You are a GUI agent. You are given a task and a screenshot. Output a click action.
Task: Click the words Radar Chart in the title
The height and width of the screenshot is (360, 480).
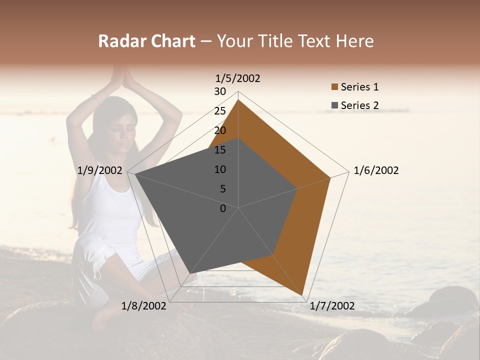coord(146,41)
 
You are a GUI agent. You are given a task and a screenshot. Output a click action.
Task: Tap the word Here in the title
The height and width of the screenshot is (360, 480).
coord(354,41)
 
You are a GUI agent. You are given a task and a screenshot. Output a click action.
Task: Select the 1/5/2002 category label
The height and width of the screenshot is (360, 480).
coord(238,78)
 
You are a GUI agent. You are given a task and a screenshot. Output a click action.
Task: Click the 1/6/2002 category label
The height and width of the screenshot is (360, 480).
coord(376,170)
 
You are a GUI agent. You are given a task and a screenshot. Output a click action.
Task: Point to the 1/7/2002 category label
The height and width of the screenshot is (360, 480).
coord(332,306)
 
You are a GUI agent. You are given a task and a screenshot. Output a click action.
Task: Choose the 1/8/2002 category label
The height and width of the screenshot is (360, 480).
coord(144,306)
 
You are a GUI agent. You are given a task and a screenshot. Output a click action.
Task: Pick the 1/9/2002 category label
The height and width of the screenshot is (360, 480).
coord(100,170)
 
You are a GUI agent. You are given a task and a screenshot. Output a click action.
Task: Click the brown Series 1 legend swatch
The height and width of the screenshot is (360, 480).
coord(334,87)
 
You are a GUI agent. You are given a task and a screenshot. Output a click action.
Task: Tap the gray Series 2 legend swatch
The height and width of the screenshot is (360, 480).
coord(334,105)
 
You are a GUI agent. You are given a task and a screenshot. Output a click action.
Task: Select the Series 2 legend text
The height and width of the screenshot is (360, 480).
coord(359,105)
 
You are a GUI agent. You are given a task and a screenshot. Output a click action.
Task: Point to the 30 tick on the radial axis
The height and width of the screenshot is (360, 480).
coord(220,91)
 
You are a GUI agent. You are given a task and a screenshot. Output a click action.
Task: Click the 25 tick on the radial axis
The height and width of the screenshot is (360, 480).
coord(220,111)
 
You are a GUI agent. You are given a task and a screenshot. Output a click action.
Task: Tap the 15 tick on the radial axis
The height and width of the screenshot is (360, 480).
coord(220,150)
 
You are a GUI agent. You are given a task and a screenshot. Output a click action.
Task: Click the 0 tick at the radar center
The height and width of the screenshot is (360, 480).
coord(223,208)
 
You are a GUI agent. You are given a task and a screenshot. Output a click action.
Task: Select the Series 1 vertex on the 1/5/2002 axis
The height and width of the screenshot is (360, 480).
coord(238,99)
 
